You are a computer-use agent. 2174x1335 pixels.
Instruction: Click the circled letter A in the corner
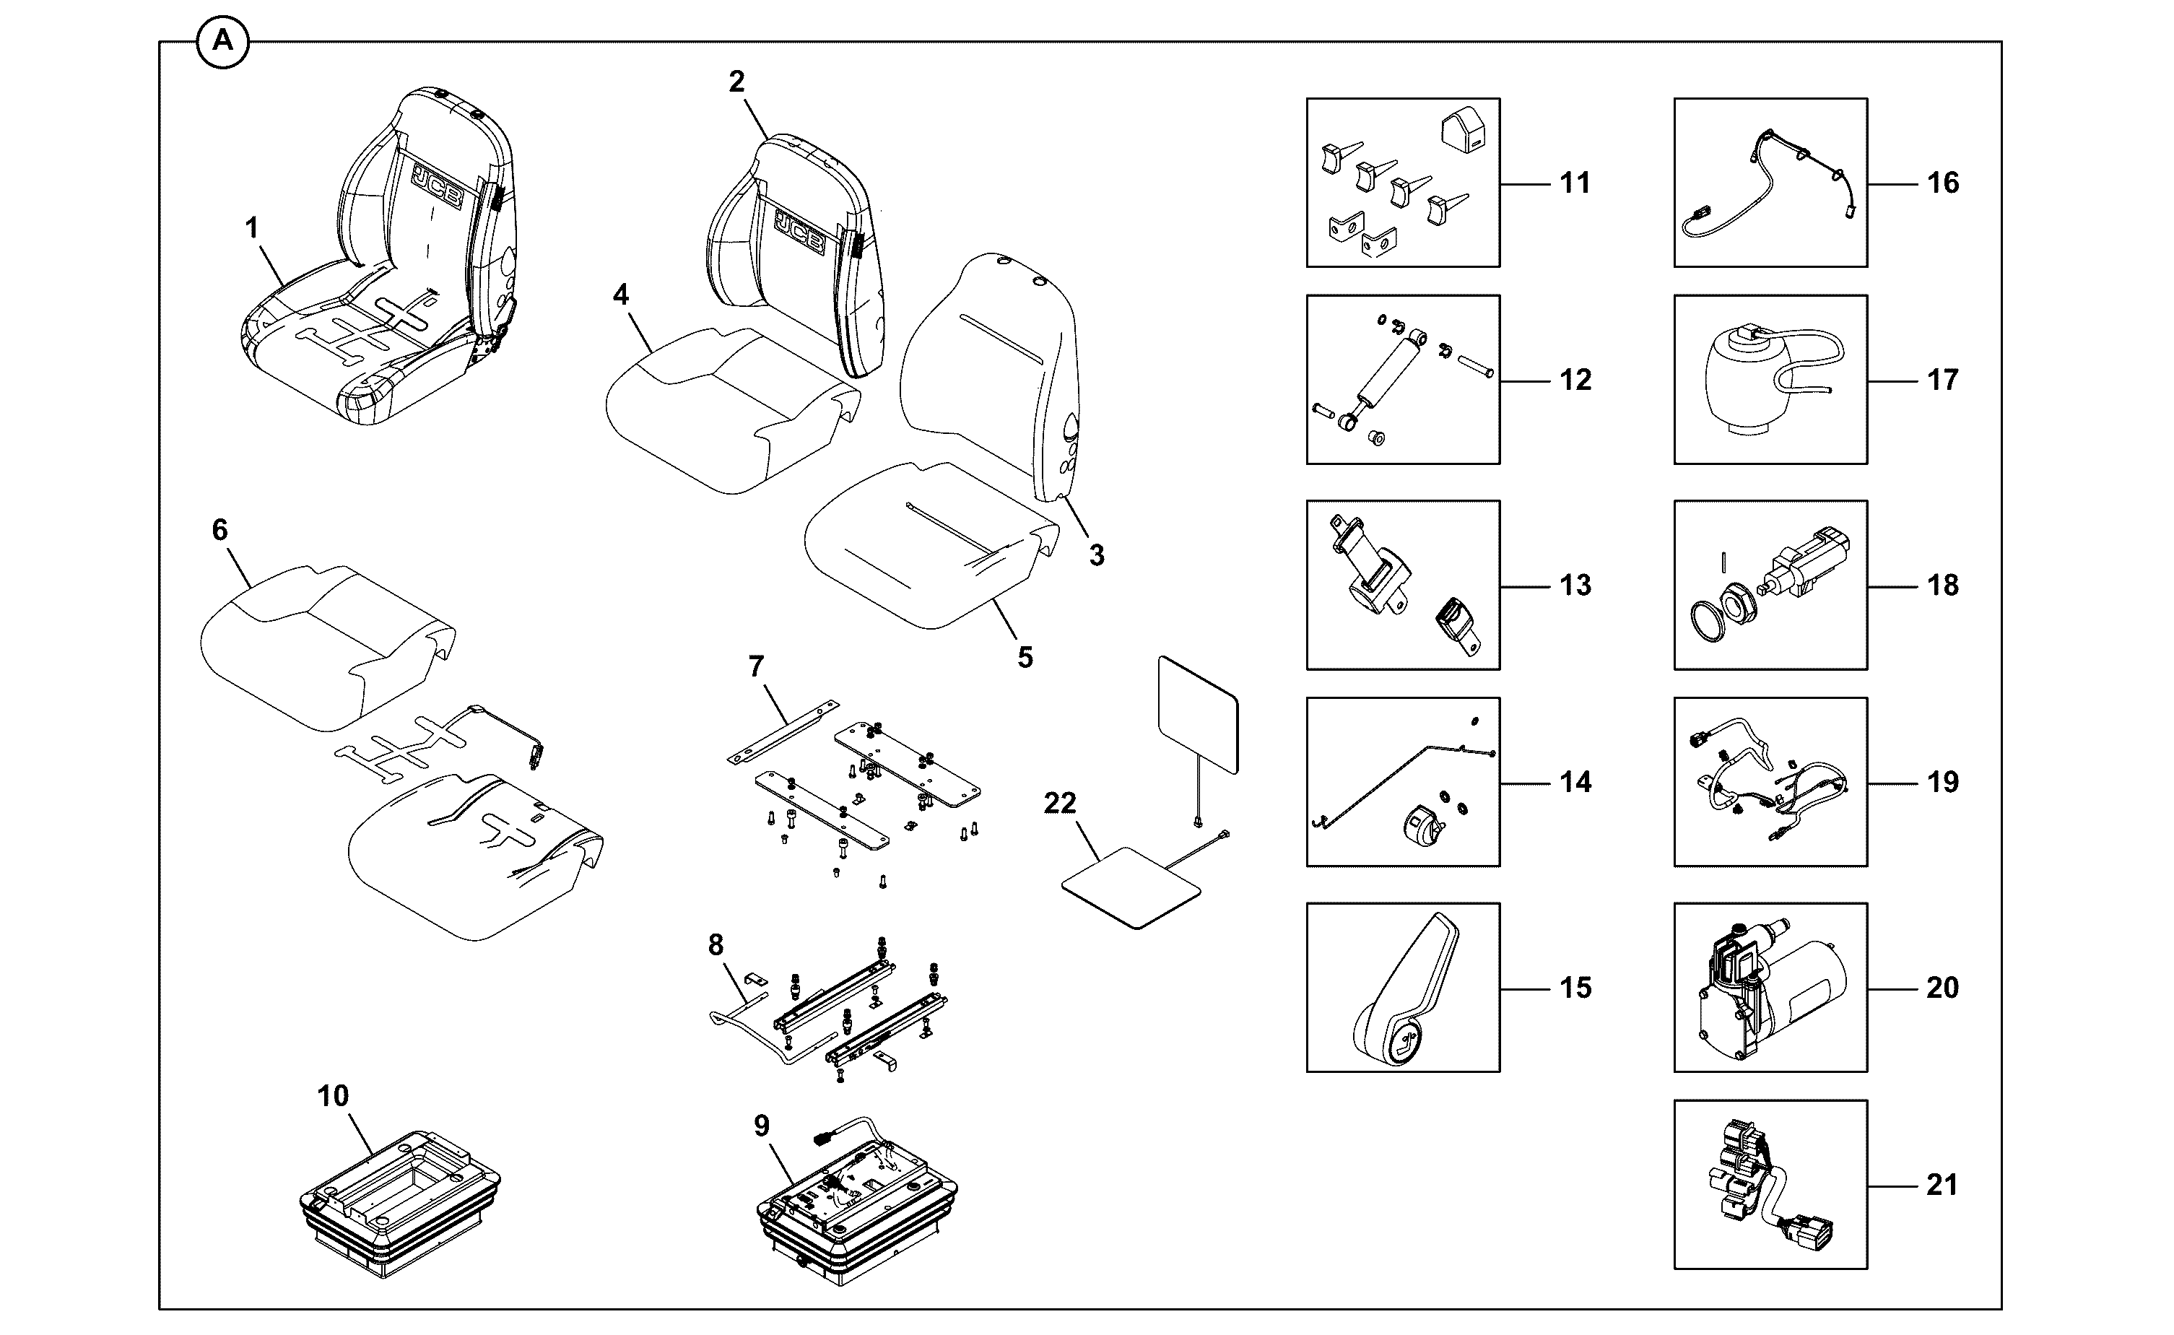(222, 41)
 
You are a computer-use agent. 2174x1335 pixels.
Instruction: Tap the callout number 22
(1059, 803)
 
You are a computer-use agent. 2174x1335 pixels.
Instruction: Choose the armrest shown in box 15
(1406, 989)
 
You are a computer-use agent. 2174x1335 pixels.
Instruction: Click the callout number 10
(333, 1096)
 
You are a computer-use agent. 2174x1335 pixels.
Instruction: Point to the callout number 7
(755, 666)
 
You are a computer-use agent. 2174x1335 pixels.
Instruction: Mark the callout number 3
(1096, 555)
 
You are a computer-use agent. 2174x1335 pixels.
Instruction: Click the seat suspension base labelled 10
(399, 1204)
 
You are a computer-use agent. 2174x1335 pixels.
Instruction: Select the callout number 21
(1942, 1185)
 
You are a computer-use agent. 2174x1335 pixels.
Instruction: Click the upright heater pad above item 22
(1198, 716)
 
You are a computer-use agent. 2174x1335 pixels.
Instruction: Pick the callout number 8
(716, 946)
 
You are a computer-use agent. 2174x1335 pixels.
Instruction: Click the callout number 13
(1575, 586)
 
